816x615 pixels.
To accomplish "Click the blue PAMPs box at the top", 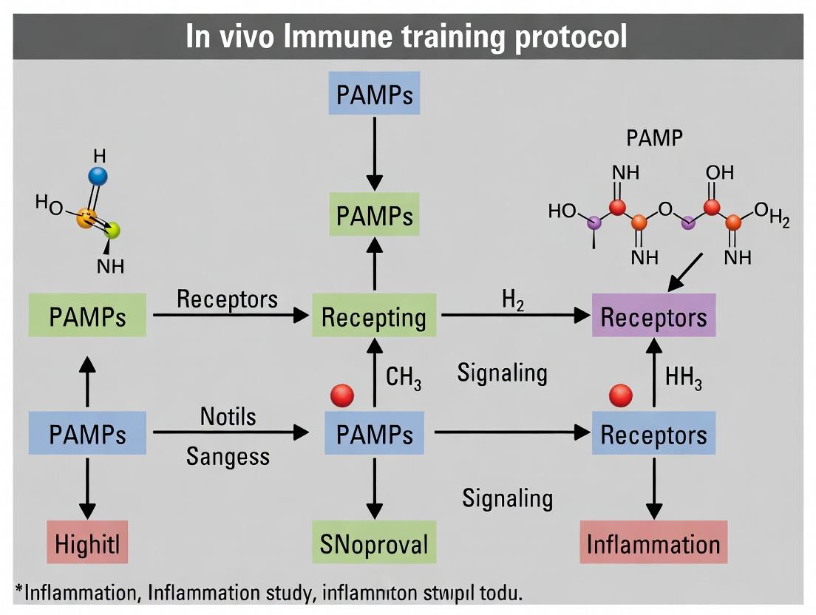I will click(x=374, y=95).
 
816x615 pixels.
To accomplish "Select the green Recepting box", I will click(x=374, y=318).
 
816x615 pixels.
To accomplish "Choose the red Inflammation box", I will click(x=653, y=544).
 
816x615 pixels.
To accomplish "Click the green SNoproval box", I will click(x=374, y=544).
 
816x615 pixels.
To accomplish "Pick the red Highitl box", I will click(x=87, y=546).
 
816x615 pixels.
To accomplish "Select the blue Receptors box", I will click(x=653, y=435).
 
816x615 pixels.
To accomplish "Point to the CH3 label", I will click(x=404, y=378).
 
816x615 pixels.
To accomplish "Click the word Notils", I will click(x=228, y=416).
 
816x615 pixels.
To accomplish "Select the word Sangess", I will click(x=228, y=456).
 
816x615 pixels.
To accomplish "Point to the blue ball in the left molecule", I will click(x=98, y=176).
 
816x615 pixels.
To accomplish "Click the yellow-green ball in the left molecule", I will click(x=112, y=231).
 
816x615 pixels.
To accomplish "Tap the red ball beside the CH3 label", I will click(x=342, y=395).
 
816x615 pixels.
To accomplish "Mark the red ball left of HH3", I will click(x=621, y=396).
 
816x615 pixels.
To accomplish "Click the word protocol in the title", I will click(x=570, y=36).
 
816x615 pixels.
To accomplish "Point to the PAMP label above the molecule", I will click(x=654, y=138).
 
